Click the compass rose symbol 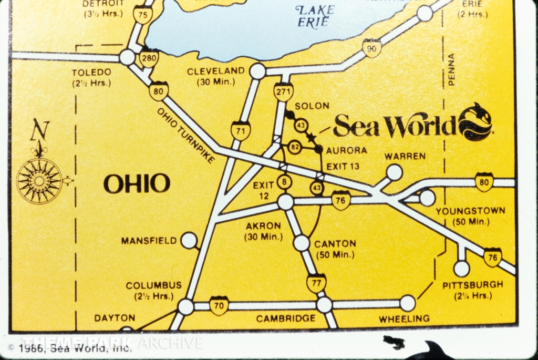click(x=39, y=180)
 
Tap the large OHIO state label click(x=137, y=184)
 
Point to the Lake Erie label click(x=315, y=16)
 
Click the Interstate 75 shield click(x=142, y=15)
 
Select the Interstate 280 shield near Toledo click(x=149, y=58)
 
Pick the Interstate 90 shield click(x=371, y=48)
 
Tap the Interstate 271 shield click(x=283, y=91)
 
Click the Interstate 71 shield click(x=241, y=130)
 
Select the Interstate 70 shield click(x=219, y=305)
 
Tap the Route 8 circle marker click(x=284, y=182)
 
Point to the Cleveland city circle click(x=257, y=71)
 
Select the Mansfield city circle click(x=189, y=240)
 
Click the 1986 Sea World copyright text click(x=70, y=347)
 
